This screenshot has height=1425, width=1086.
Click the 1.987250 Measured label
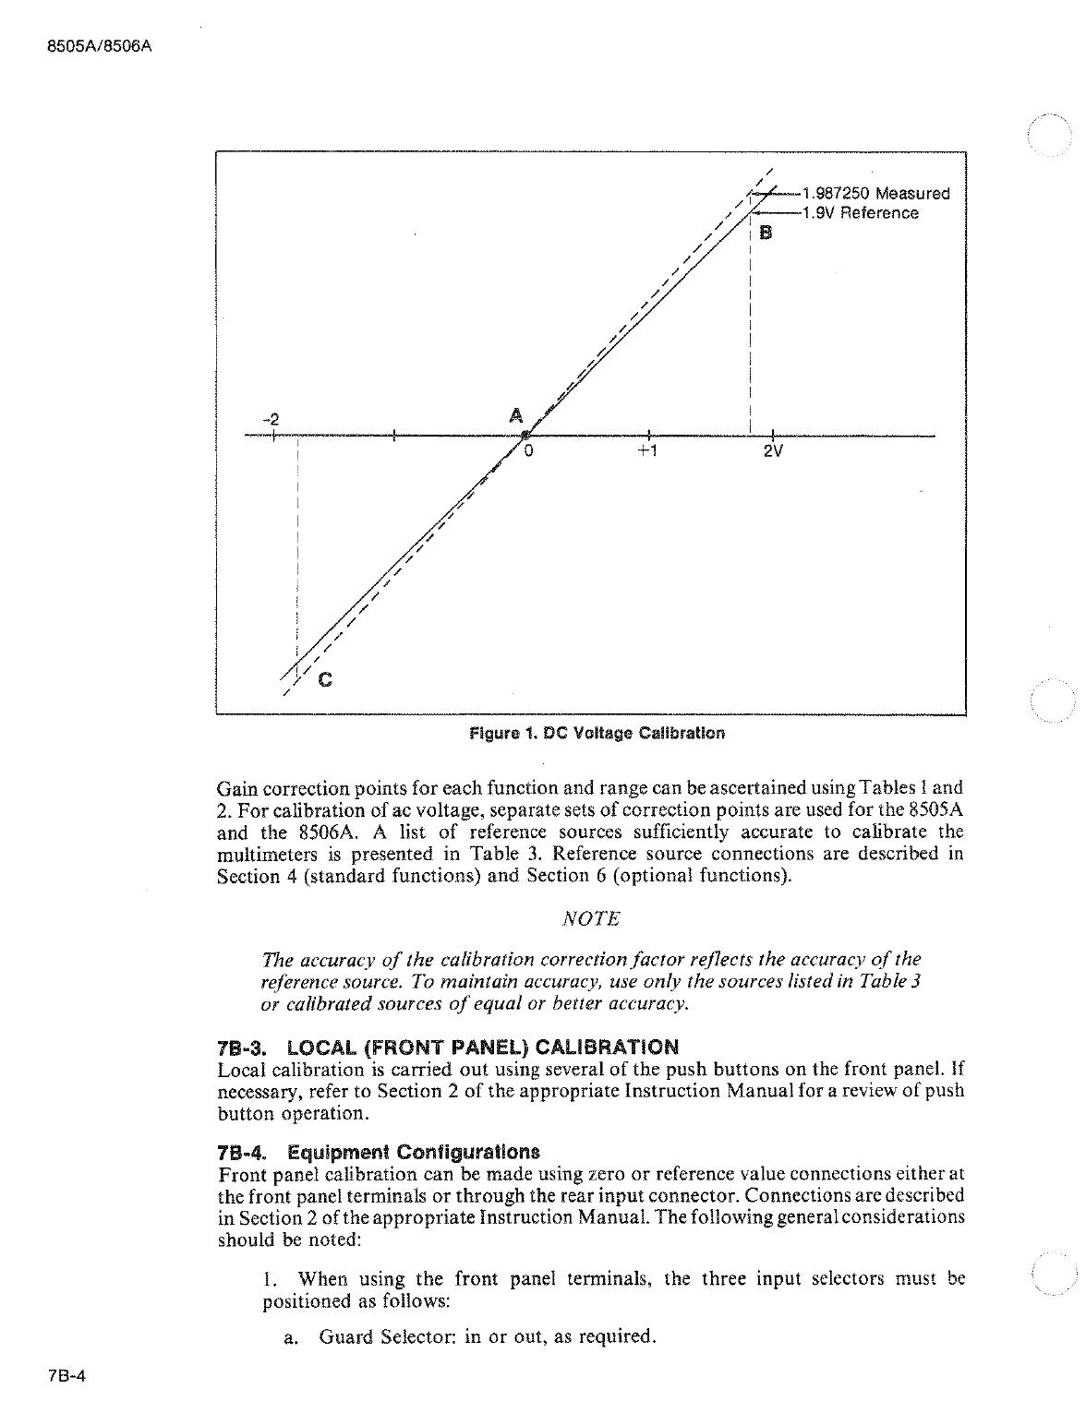[x=876, y=194]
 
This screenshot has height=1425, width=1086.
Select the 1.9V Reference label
[x=861, y=213]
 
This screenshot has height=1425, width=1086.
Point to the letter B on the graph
[x=765, y=233]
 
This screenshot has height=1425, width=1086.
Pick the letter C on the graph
[x=325, y=681]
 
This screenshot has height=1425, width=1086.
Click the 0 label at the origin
[x=530, y=452]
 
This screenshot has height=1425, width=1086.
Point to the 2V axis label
[x=773, y=453]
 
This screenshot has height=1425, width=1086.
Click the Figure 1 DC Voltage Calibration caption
[x=597, y=734]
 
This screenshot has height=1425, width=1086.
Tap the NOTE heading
[x=591, y=919]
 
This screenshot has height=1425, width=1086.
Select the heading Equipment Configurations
[x=413, y=1153]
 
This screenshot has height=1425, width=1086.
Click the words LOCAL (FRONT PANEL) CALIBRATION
[x=482, y=1048]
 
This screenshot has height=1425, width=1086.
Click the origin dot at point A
[x=524, y=435]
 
